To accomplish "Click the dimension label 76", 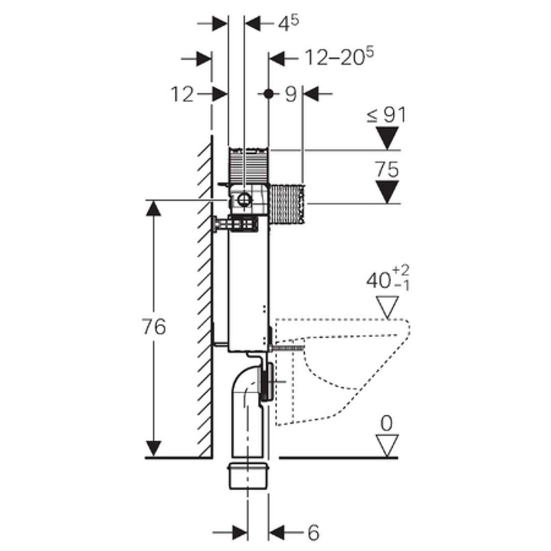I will pyautogui.click(x=154, y=327).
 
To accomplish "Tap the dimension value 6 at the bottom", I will pyautogui.click(x=313, y=533).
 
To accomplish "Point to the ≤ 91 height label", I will pyautogui.click(x=386, y=115).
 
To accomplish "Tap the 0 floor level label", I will pyautogui.click(x=386, y=423).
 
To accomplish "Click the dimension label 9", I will pyautogui.click(x=291, y=94).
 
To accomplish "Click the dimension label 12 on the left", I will pyautogui.click(x=182, y=95).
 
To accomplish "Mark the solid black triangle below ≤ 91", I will pyautogui.click(x=387, y=137).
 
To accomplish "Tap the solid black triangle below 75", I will pyautogui.click(x=387, y=192).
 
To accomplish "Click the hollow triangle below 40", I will pyautogui.click(x=387, y=307).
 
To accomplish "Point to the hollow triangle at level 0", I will pyautogui.click(x=387, y=446).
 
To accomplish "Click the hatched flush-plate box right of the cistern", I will pyautogui.click(x=287, y=203).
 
